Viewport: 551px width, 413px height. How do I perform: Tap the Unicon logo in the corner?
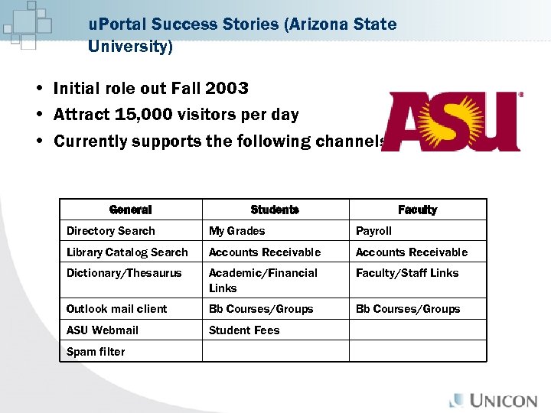(x=493, y=400)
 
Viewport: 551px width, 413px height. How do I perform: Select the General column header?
(x=130, y=210)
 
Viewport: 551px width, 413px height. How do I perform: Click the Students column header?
(x=275, y=210)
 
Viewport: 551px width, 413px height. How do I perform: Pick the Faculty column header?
(x=417, y=210)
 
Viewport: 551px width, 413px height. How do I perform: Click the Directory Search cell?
(x=111, y=231)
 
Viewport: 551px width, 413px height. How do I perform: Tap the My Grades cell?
(x=237, y=231)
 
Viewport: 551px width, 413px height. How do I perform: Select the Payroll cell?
(x=373, y=231)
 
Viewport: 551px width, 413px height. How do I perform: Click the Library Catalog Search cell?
(x=127, y=252)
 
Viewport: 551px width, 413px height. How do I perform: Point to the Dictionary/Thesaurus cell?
(x=124, y=273)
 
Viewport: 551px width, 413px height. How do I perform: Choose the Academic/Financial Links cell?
(x=262, y=280)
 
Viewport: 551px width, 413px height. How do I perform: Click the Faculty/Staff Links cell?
(x=407, y=273)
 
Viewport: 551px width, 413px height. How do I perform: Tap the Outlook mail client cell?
(x=117, y=309)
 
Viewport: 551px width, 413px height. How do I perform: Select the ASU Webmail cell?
(x=103, y=330)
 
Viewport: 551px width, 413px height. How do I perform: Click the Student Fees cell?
(x=244, y=330)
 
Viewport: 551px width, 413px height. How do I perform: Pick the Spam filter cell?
(x=96, y=352)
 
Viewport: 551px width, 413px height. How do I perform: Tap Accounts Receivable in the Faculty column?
(x=412, y=252)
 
